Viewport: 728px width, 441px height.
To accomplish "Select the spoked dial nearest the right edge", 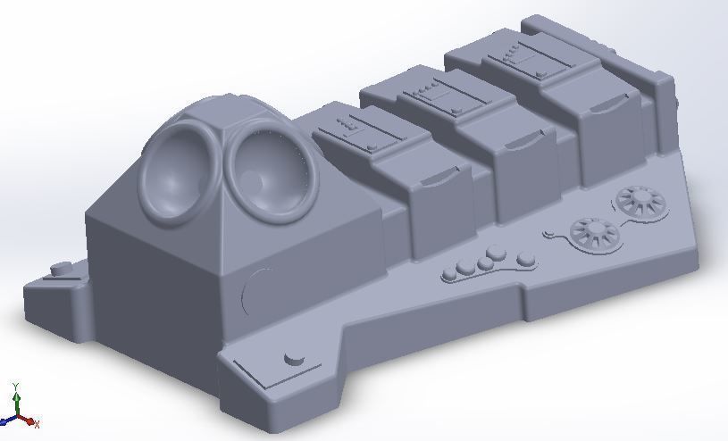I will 640,199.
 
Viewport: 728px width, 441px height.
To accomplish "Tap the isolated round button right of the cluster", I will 526,260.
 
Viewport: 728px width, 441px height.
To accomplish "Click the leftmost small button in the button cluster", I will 451,274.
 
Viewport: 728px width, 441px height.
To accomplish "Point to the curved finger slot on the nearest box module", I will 432,179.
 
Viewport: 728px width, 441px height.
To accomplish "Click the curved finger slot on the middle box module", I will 526,143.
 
